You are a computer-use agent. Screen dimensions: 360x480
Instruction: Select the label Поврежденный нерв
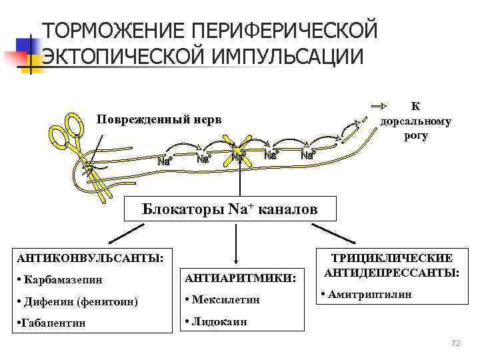point(158,119)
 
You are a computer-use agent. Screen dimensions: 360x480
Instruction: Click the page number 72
point(456,343)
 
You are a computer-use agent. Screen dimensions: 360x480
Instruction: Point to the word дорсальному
point(415,121)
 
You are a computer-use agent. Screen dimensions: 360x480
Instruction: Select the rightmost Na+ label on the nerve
point(308,156)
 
